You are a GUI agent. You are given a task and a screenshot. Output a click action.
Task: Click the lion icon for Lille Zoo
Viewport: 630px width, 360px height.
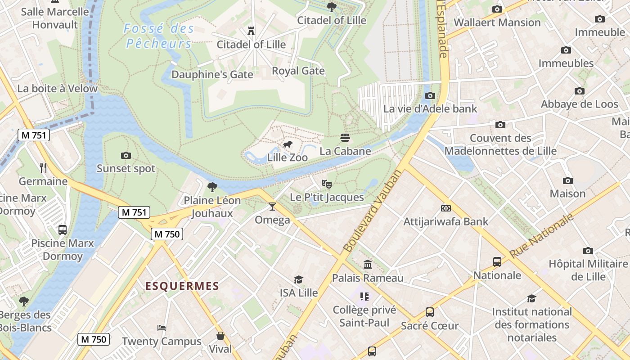287,144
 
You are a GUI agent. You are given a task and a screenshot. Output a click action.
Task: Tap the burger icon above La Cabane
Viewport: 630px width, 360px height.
345,138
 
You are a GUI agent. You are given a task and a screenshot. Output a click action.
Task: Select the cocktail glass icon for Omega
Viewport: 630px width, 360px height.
272,207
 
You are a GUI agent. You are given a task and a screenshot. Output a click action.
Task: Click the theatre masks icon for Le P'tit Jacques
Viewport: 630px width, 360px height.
327,184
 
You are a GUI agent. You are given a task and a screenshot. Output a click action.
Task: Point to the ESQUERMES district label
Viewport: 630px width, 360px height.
182,286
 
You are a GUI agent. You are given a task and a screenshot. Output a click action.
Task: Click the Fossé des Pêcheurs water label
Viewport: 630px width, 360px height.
159,36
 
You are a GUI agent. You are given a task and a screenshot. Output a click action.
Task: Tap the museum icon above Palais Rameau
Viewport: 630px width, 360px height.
368,264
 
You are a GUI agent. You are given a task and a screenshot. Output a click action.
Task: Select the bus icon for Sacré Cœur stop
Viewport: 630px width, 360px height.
430,312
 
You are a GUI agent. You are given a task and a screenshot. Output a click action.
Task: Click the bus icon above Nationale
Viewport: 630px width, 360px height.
497,261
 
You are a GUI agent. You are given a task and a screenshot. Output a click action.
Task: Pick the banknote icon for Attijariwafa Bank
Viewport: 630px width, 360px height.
445,208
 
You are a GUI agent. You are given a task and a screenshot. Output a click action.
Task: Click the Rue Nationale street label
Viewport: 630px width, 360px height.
542,236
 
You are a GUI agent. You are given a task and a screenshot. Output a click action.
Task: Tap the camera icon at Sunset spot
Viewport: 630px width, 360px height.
126,155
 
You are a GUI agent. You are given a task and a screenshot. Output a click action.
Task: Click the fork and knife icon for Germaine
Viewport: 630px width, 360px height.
43,168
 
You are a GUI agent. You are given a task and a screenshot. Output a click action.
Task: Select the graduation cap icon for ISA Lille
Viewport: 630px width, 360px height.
298,279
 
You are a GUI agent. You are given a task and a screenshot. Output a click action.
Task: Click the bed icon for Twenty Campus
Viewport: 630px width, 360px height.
162,328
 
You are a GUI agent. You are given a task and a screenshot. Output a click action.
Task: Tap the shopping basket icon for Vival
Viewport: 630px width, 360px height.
220,336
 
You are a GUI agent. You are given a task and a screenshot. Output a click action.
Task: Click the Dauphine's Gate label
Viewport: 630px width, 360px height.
212,74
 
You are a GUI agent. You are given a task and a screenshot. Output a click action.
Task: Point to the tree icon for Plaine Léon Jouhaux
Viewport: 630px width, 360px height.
212,187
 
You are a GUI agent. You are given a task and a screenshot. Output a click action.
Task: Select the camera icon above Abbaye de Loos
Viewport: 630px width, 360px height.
580,91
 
